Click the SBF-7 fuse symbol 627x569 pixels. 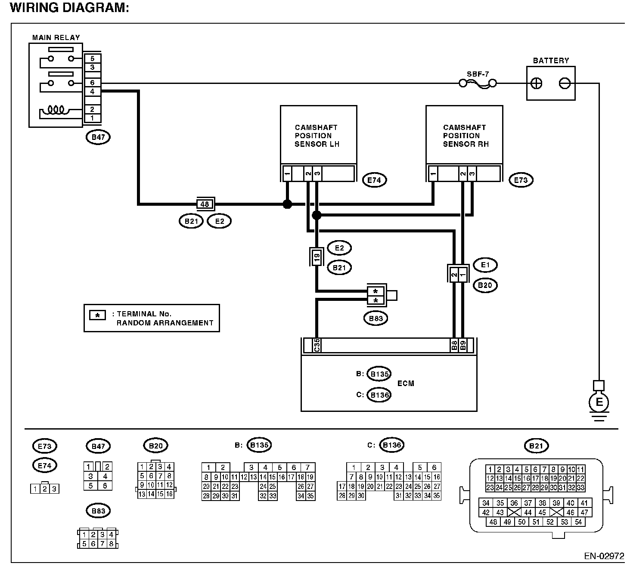[x=478, y=83]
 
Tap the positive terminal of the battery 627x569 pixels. [x=537, y=83]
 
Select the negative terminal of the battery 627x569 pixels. [x=565, y=83]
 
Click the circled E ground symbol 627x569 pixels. [x=599, y=403]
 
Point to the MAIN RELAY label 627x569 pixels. [x=56, y=37]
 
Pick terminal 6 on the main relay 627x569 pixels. [x=92, y=83]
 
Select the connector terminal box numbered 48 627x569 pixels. [x=205, y=204]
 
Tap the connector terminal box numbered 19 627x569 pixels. [x=317, y=258]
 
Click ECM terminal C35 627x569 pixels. [x=317, y=345]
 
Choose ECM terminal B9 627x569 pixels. [x=462, y=345]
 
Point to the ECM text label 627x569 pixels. [x=406, y=383]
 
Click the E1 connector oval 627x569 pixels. [x=485, y=265]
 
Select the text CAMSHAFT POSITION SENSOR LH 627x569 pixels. [x=317, y=136]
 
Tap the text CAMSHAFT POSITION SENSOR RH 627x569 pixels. [x=465, y=136]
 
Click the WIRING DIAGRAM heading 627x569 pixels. [x=69, y=8]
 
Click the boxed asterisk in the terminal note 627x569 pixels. [x=97, y=315]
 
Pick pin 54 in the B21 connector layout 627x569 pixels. [x=578, y=522]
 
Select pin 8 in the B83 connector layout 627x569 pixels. [x=111, y=544]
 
